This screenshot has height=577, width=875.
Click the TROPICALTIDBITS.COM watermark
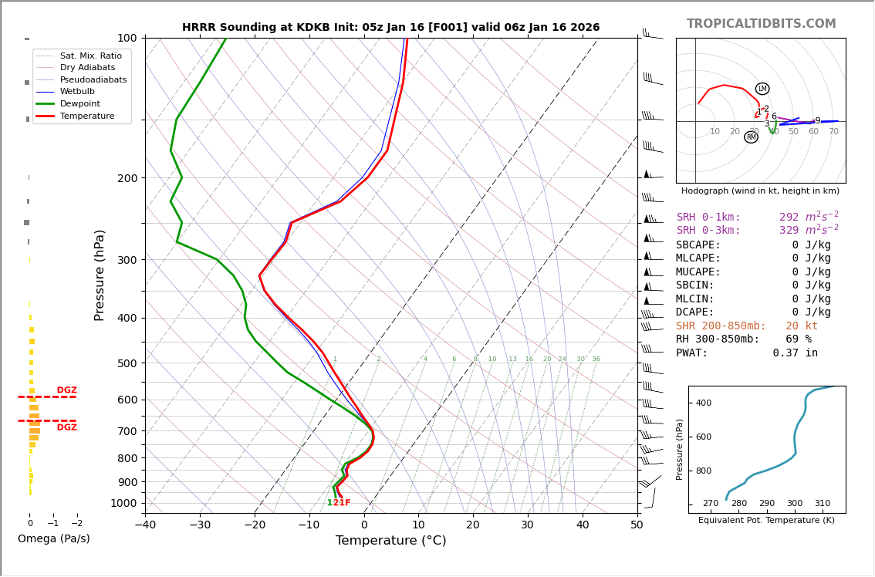coord(761,24)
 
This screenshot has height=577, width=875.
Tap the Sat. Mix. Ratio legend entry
coord(90,56)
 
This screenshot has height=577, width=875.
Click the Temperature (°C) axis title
coord(390,541)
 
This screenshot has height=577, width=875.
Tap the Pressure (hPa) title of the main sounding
coord(100,275)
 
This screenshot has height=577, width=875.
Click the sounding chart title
coord(390,27)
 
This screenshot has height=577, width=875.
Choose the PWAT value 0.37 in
coord(795,353)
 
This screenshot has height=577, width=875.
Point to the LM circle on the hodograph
coord(762,89)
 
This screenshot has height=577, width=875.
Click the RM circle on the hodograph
coord(751,137)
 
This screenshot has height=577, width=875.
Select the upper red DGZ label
coord(66,390)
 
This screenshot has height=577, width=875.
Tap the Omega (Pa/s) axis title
coord(53,538)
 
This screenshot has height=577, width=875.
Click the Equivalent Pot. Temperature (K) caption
coord(766,520)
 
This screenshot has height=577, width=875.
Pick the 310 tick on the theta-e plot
coord(823,503)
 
